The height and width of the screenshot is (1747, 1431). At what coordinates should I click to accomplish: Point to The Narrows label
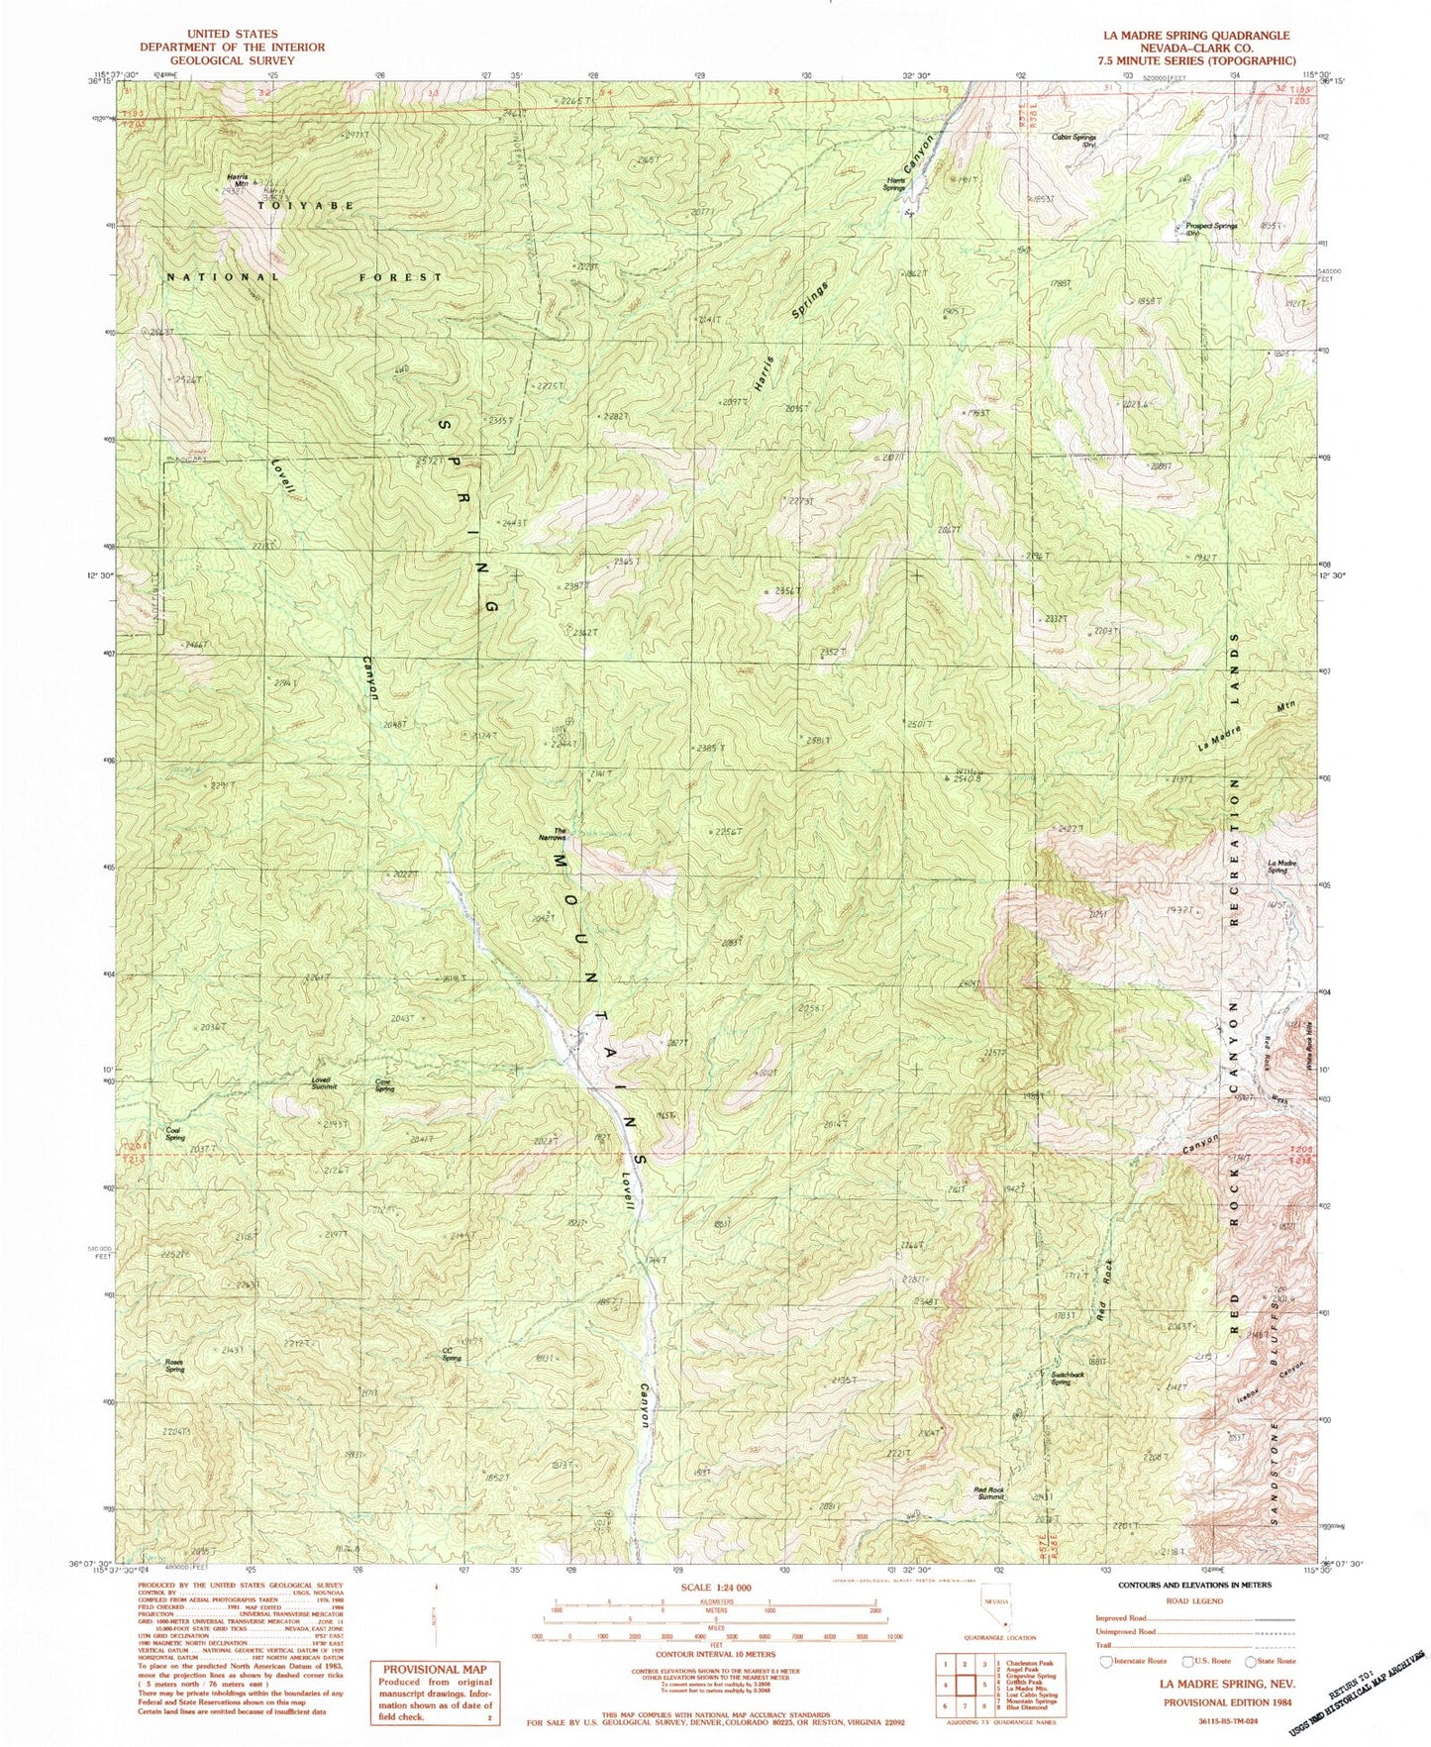click(560, 834)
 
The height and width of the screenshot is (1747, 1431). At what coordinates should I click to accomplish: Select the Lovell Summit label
click(324, 1082)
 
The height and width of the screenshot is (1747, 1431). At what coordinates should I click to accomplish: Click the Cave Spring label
click(385, 1084)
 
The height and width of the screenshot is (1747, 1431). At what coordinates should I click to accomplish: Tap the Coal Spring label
click(175, 1135)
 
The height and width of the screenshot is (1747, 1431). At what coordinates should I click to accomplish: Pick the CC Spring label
click(452, 1355)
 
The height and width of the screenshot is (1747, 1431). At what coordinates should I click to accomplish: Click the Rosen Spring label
click(174, 1366)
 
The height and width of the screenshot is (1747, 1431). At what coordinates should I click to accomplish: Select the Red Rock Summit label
click(989, 1492)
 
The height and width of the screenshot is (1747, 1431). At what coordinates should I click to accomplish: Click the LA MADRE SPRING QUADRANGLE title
click(1196, 35)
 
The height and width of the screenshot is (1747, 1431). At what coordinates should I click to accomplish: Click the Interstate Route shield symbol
click(1107, 1661)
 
